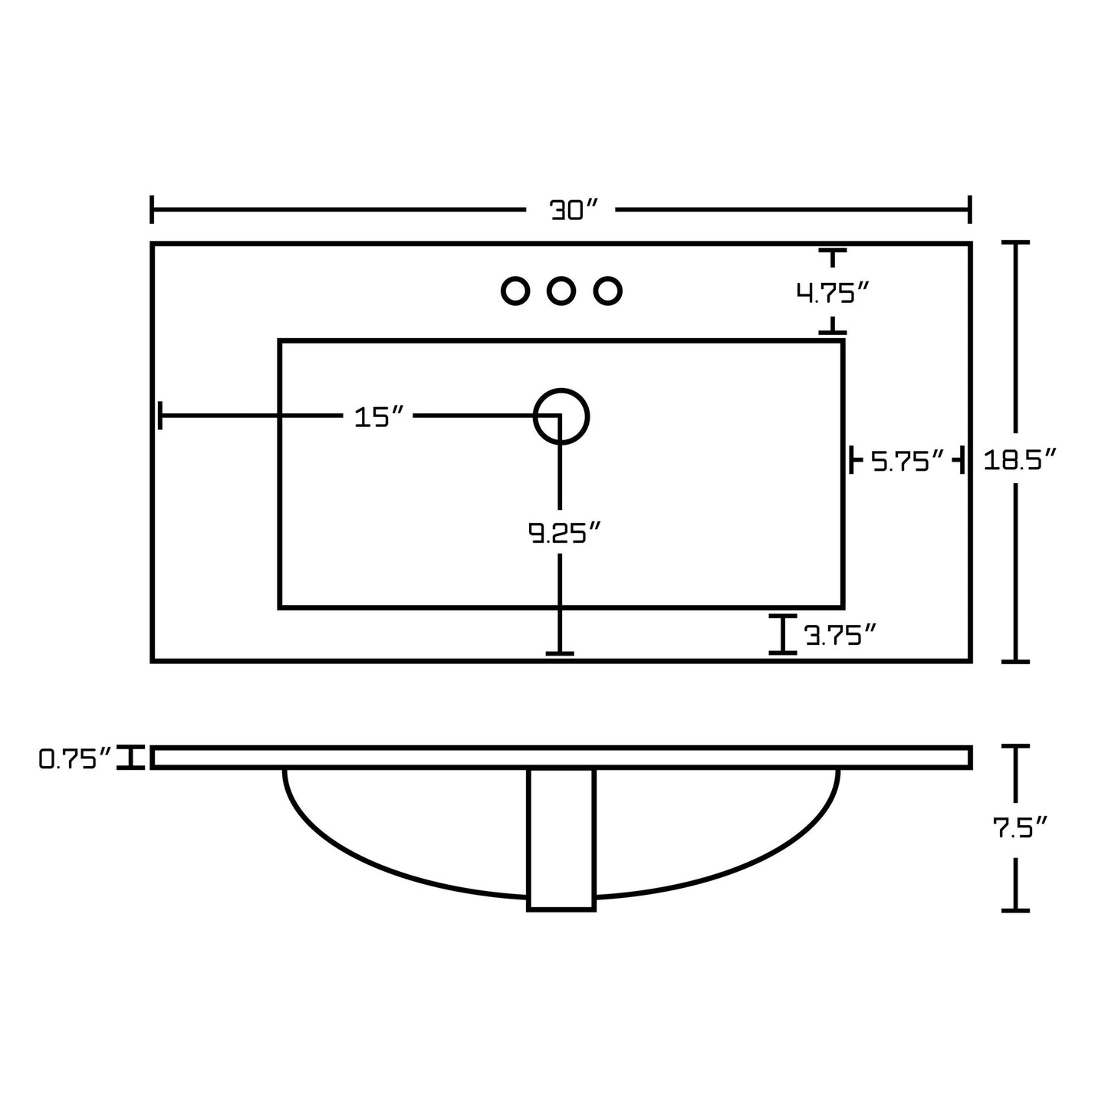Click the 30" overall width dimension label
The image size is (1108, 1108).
574,210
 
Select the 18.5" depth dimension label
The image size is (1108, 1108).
1020,459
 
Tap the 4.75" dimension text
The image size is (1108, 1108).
832,293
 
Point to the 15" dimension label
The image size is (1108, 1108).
379,417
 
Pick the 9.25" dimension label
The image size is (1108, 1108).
564,533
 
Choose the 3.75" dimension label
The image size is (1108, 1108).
840,636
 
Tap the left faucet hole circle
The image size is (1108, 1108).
515,291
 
